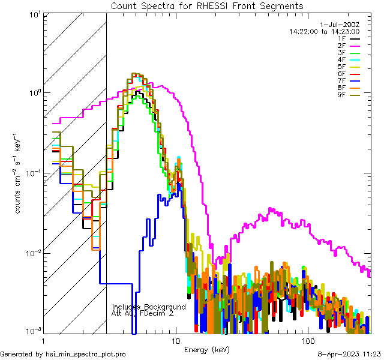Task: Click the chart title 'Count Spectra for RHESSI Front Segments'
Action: pos(207,6)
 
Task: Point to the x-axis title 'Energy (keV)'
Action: pos(206,349)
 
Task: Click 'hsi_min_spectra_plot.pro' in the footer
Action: pos(86,355)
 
